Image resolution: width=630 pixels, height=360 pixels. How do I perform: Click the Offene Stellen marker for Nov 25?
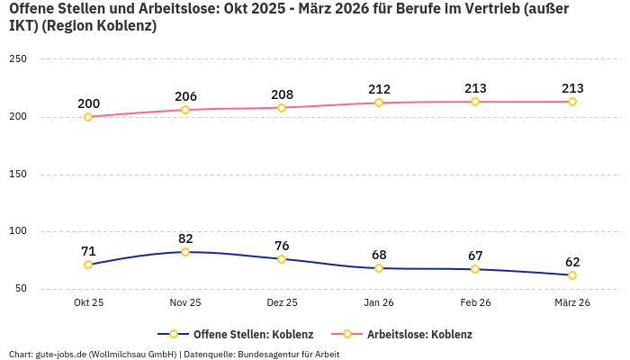(x=185, y=252)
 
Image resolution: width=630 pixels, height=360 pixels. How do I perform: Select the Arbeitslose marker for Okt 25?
(x=88, y=117)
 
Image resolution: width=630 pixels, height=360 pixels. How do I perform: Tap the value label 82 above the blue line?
(x=185, y=238)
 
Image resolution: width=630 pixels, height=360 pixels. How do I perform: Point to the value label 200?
(x=88, y=103)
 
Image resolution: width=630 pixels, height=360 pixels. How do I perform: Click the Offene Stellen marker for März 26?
(x=572, y=275)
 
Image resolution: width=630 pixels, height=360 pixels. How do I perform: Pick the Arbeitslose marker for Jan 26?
(x=379, y=103)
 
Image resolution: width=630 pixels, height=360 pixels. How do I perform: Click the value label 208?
(x=282, y=94)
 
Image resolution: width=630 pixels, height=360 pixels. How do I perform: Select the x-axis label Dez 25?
(x=282, y=302)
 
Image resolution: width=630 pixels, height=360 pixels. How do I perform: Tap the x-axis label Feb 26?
(x=475, y=302)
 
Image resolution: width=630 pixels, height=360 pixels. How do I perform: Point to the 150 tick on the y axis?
(x=18, y=174)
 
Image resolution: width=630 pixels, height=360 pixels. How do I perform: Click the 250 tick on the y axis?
(x=18, y=59)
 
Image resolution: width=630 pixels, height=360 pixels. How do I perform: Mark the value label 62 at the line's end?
(x=572, y=262)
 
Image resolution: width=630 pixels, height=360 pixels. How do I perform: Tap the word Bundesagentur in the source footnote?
(x=267, y=354)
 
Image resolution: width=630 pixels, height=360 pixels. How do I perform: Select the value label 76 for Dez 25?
(x=282, y=246)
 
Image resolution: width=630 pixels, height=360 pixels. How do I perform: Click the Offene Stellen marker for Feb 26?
(x=475, y=269)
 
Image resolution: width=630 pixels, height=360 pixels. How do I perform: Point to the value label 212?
(x=379, y=89)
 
